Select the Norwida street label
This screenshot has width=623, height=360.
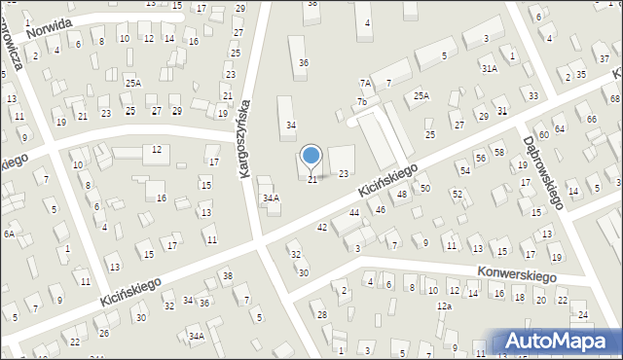50,27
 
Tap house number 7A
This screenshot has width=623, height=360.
365,84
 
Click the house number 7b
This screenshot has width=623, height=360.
361,101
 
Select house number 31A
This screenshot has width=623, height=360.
489,68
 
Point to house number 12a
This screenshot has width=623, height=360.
444,306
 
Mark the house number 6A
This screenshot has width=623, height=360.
8,234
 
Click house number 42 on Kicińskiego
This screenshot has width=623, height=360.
322,227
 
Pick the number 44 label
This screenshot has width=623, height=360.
354,212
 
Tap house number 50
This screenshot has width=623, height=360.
424,188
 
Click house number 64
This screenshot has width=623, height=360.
559,128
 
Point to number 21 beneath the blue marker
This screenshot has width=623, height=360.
312,180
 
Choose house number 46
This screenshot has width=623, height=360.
380,209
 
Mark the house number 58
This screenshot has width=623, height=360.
498,152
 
